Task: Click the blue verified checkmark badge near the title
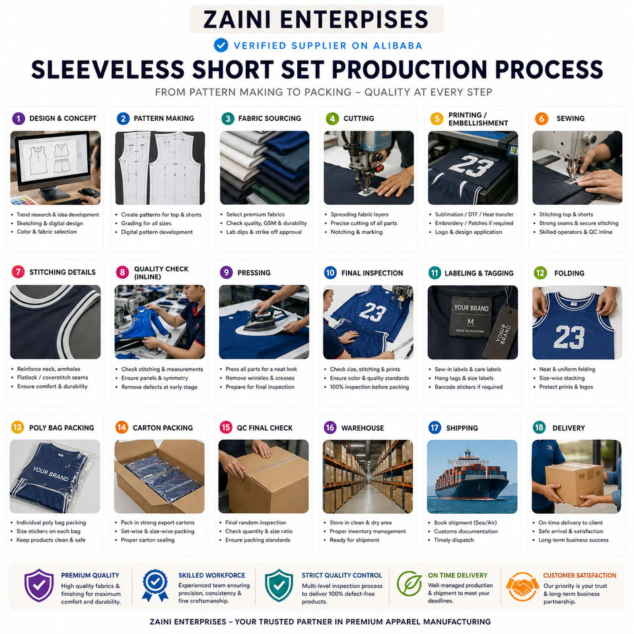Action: pos(221,46)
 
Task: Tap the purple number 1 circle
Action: pos(18,118)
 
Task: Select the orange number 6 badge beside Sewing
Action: pos(542,118)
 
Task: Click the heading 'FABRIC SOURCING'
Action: pos(269,118)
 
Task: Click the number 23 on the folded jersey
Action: pos(569,337)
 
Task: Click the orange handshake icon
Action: pos(522,586)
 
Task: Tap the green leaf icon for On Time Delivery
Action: pos(409,583)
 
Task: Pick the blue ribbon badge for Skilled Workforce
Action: pos(155,586)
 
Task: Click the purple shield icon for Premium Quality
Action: pos(39,586)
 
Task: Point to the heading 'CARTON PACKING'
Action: pos(163,428)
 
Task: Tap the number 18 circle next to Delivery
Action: pos(539,427)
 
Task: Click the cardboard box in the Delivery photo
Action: pos(574,483)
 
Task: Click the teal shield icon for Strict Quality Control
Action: pos(279,586)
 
